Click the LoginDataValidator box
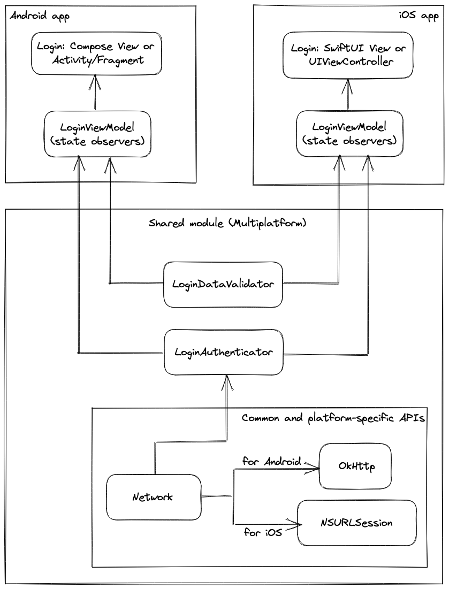tap(223, 284)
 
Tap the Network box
tap(154, 497)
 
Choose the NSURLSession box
tap(356, 523)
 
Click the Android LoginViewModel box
tap(97, 134)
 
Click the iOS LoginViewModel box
tap(349, 134)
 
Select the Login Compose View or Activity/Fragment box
tap(95, 53)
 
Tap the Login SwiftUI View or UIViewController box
tap(349, 55)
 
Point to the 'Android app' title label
tap(40, 16)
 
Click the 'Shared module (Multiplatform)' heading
tap(227, 223)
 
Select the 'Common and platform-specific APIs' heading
tap(333, 418)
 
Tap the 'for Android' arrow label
tap(271, 461)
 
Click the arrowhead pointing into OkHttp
tap(315, 469)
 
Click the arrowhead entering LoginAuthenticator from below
tap(228, 380)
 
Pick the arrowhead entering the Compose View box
tap(95, 80)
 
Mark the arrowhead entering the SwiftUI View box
tap(349, 83)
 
